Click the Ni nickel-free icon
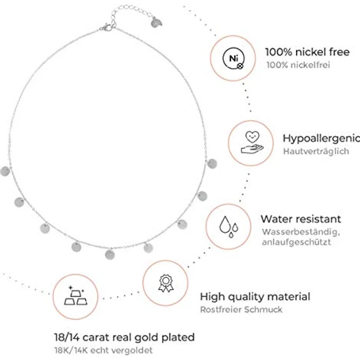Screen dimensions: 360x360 (x=233, y=58)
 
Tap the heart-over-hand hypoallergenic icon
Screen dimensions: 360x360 (x=252, y=142)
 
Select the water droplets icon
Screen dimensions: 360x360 (x=229, y=226)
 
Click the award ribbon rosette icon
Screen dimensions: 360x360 (x=166, y=283)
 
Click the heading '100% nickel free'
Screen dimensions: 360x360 (x=308, y=52)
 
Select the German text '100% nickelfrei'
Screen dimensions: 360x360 (x=298, y=65)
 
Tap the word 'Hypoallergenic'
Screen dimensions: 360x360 (x=321, y=139)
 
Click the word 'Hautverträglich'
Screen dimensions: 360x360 (x=316, y=151)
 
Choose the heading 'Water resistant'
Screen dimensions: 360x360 (x=301, y=219)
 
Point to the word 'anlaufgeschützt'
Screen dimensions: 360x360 (x=296, y=242)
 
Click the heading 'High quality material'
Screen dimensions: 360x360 (x=255, y=296)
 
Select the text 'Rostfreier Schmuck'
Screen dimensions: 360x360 (x=241, y=310)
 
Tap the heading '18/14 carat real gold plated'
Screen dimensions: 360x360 (x=124, y=337)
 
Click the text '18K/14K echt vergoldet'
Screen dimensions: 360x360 (x=103, y=350)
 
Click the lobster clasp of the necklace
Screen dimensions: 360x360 (x=106, y=27)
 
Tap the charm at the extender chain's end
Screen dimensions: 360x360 (x=157, y=22)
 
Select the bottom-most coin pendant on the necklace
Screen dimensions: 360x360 (x=110, y=255)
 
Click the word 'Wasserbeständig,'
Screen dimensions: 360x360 (x=301, y=232)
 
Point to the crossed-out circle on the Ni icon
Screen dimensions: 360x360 (x=240, y=66)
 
